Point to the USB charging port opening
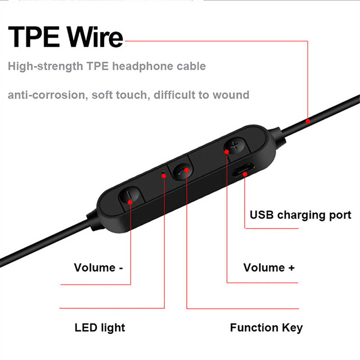coord(243,173)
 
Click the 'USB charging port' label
coord(300,215)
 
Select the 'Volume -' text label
coord(99,268)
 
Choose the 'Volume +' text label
coord(269,268)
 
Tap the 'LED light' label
coord(100,327)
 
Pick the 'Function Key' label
coord(266,327)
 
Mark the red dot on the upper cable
coord(308,121)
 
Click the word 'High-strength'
coord(44,67)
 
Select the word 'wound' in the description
coord(231,95)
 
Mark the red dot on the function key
coord(186,169)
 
